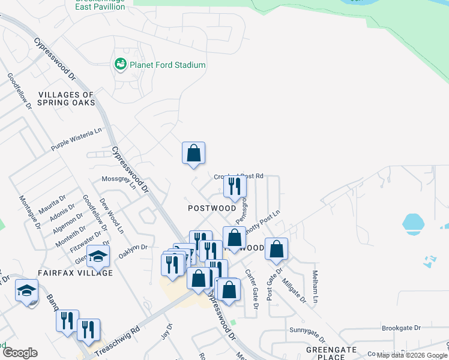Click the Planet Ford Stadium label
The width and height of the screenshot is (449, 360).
(169, 65)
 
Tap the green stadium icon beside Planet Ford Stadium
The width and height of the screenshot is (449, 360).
(120, 64)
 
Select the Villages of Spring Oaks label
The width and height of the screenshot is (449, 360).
(66, 99)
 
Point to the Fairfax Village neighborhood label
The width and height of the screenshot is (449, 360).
(75, 272)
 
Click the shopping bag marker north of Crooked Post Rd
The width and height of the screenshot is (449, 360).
(194, 154)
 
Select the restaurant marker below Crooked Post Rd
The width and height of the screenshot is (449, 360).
(235, 187)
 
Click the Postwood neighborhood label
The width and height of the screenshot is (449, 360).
(212, 208)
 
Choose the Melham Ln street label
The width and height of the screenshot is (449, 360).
(315, 286)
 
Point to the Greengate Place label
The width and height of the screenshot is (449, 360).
(327, 352)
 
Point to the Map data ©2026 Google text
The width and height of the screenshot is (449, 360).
(412, 355)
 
